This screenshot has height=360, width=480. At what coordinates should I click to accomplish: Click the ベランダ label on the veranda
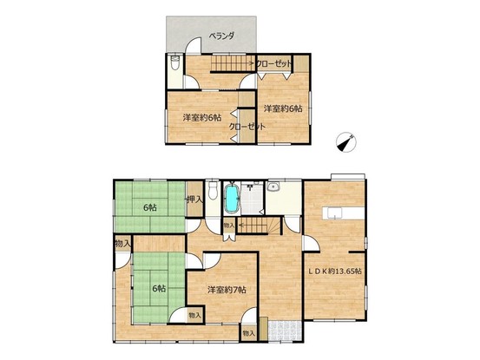tap(221, 36)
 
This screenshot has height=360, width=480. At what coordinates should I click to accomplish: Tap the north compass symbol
tap(346, 141)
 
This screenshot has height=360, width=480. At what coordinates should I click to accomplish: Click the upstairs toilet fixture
tap(174, 62)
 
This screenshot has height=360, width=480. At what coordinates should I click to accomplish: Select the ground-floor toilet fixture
tap(213, 191)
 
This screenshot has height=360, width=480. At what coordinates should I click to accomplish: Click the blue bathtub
tap(232, 198)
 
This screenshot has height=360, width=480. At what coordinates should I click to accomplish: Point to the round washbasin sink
tap(273, 187)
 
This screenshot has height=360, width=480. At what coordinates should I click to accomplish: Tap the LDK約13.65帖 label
tap(334, 271)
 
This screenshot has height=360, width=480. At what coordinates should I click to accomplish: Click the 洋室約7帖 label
tap(227, 290)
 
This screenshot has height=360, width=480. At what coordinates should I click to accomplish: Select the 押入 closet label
tap(194, 200)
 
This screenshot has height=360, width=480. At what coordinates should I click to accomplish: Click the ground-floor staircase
tap(260, 226)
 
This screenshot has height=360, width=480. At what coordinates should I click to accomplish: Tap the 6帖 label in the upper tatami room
tap(150, 207)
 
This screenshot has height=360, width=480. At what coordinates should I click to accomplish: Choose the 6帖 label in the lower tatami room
tap(159, 288)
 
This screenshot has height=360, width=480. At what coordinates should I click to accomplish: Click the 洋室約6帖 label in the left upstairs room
tap(202, 117)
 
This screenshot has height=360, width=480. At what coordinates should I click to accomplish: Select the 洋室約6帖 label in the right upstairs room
tap(283, 108)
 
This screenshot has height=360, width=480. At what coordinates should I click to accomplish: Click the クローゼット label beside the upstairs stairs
tap(273, 64)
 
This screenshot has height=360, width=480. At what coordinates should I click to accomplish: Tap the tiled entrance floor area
tap(285, 330)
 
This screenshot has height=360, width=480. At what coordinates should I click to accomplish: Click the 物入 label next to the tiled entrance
tap(248, 333)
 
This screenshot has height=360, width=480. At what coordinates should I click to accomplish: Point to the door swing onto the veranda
tap(194, 45)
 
